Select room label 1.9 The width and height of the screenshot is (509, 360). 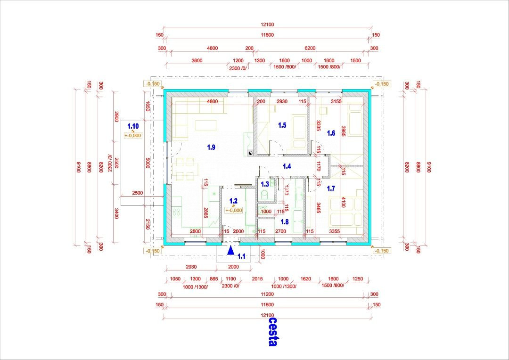(x=211, y=147)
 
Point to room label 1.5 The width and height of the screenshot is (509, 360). (x=282, y=125)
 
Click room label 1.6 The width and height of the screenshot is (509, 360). (x=331, y=133)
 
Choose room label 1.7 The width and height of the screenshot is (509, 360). (x=331, y=189)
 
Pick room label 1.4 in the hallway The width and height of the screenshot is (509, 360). (x=287, y=166)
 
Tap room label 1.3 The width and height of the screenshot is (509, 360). (x=265, y=184)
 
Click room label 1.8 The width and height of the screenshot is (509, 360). (x=284, y=221)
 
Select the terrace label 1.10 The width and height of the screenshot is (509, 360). (x=133, y=126)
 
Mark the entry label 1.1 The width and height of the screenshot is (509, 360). (x=241, y=256)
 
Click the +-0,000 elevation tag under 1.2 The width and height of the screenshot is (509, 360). (x=233, y=210)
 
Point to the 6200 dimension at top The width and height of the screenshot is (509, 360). (x=310, y=48)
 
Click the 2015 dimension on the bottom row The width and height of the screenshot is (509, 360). (x=257, y=279)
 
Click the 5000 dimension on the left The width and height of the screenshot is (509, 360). (x=148, y=163)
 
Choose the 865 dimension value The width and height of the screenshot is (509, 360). (x=214, y=279)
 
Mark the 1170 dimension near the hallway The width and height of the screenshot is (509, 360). (x=319, y=166)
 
